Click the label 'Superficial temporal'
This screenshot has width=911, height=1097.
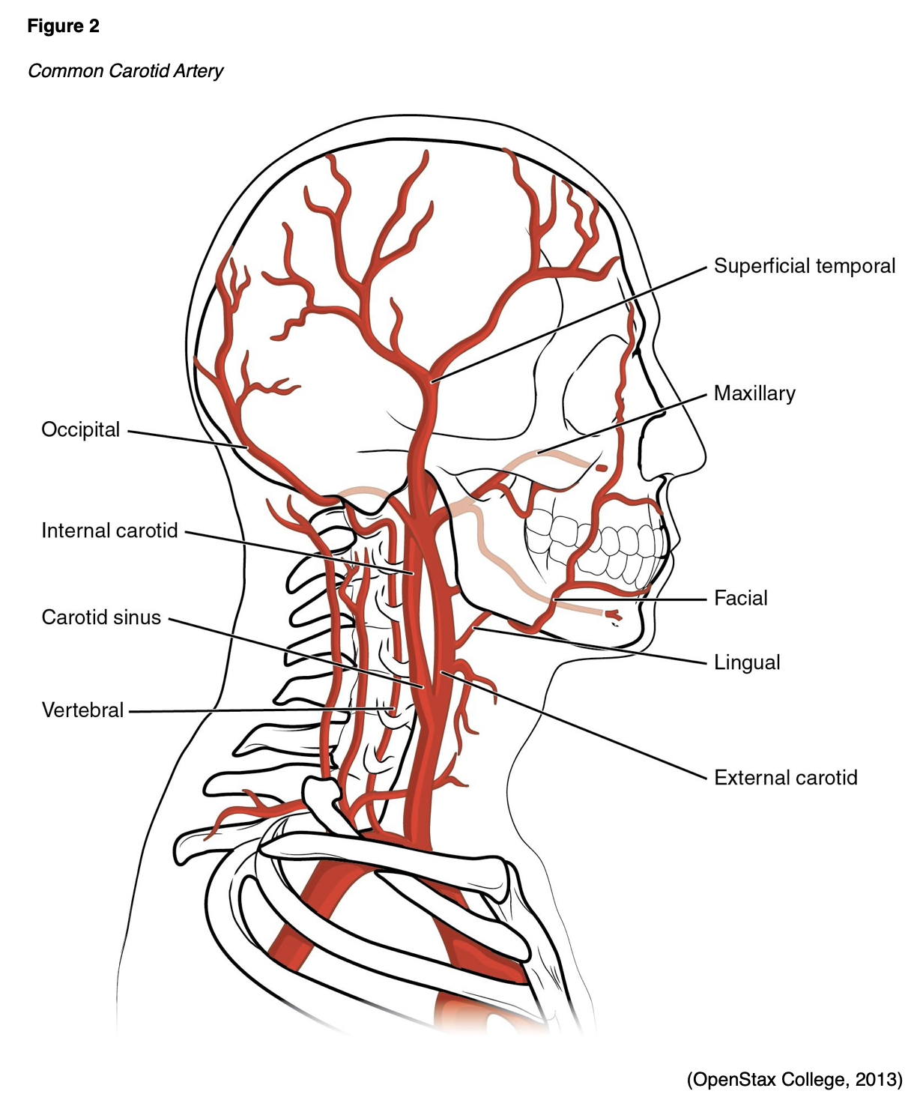point(804,266)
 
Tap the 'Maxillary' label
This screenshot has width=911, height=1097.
point(754,393)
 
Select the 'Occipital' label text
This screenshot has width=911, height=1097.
point(80,429)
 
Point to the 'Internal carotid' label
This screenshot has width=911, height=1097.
point(109,531)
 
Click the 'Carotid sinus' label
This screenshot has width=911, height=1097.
point(101,617)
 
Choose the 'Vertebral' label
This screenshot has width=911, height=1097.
point(82,710)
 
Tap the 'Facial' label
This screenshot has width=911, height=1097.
point(740,598)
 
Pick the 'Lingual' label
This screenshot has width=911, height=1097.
point(747,662)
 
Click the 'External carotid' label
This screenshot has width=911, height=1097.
point(785,778)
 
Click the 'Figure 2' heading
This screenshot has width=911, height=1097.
point(63,26)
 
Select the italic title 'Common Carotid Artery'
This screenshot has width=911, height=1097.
point(125,70)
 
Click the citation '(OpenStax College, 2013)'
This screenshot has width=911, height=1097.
point(794,1079)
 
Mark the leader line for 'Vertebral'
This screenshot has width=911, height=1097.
point(255,710)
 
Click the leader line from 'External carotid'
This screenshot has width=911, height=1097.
point(577,727)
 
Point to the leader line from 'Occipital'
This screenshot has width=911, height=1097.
point(187,439)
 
